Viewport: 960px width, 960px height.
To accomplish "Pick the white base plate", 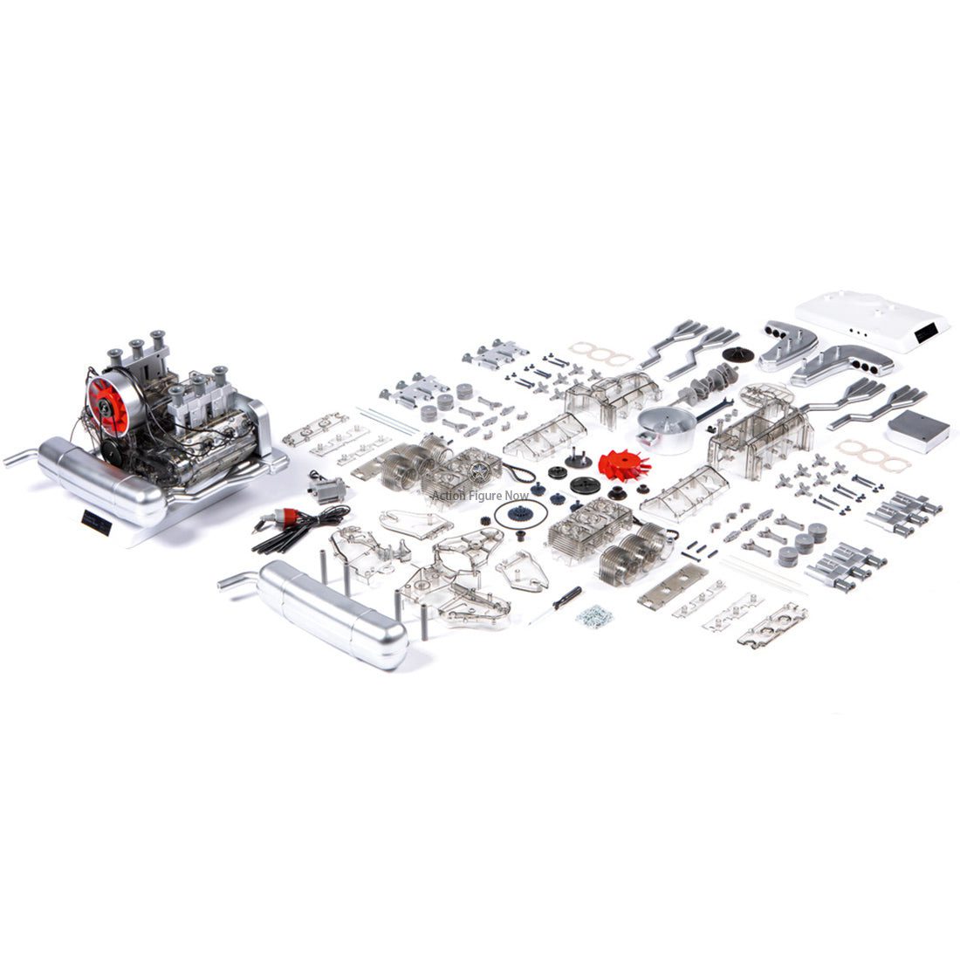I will (861, 319).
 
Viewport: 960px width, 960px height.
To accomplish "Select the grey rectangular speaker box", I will (917, 430).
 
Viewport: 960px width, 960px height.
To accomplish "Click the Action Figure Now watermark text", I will (480, 495).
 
